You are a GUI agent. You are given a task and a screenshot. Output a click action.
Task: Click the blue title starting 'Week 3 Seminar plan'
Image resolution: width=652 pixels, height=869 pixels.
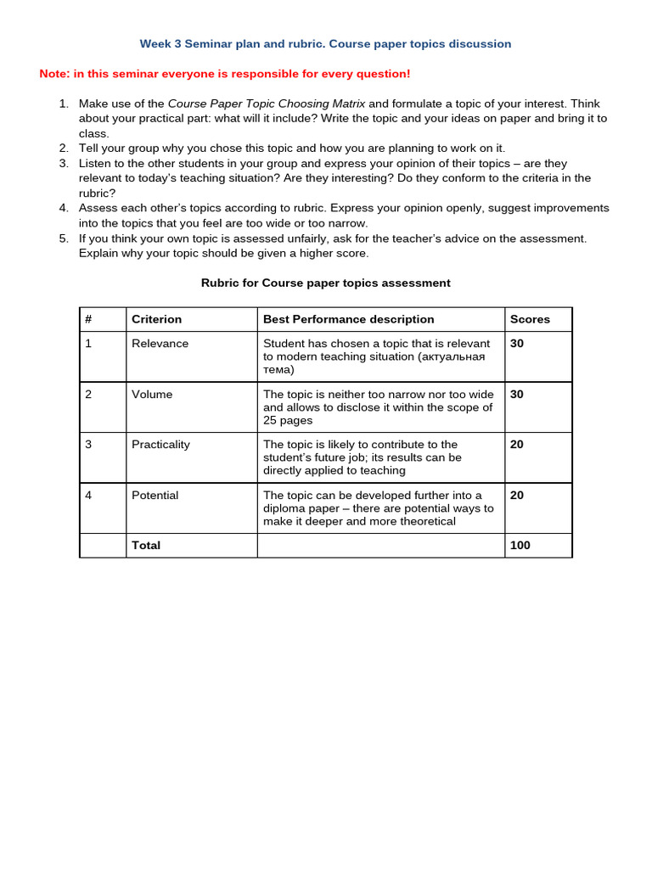tap(325, 43)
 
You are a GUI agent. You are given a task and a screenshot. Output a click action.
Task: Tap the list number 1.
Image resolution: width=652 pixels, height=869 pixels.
tap(63, 104)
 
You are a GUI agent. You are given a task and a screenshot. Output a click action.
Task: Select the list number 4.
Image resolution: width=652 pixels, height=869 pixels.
tap(63, 208)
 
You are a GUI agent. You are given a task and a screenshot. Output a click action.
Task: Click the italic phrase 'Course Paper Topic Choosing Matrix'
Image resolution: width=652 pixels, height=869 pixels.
tap(267, 104)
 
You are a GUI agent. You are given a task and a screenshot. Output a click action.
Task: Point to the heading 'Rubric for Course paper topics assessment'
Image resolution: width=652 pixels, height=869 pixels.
tap(325, 283)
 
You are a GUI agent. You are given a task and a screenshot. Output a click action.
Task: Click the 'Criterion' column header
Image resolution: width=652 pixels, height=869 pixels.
tap(156, 319)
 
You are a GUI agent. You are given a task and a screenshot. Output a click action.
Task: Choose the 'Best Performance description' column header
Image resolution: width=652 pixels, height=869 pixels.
tap(348, 319)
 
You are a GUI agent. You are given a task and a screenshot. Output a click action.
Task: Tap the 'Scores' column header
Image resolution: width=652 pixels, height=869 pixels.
tap(530, 319)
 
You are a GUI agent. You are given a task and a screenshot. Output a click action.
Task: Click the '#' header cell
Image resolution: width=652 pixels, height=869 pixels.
tap(88, 319)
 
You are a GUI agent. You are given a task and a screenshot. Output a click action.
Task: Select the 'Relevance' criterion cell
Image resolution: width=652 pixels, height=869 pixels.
tap(160, 344)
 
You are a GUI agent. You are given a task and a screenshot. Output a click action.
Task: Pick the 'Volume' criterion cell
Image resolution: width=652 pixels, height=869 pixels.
tap(152, 394)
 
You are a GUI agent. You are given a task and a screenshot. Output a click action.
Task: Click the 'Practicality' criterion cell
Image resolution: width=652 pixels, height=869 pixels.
tap(160, 444)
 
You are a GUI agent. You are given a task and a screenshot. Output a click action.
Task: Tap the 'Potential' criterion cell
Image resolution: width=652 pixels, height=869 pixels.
tap(155, 495)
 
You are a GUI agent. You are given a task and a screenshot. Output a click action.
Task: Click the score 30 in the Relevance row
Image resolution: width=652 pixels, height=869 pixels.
tap(517, 344)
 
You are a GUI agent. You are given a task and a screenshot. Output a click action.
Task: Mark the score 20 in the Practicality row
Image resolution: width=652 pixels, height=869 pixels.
tap(517, 444)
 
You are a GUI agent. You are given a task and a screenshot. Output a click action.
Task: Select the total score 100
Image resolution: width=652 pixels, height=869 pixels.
tap(520, 545)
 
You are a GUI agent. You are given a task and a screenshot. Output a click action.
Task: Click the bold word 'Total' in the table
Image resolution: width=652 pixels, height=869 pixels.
tap(146, 545)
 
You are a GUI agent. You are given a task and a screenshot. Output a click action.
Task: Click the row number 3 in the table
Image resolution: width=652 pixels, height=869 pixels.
tap(88, 444)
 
